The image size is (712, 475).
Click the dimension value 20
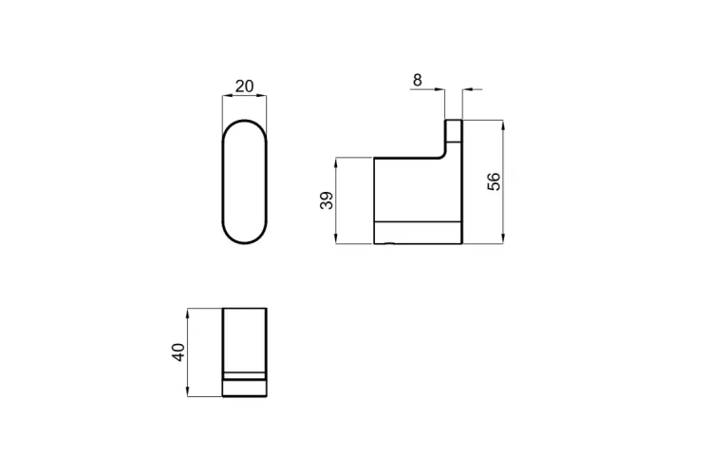[x=244, y=86]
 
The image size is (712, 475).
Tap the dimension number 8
[x=417, y=80]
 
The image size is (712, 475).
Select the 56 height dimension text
[x=494, y=182]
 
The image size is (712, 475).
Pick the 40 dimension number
[x=178, y=352]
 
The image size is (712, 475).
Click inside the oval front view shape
[x=245, y=182]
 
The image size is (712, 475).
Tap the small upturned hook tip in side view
[x=455, y=129]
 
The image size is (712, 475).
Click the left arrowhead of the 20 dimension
[x=225, y=96]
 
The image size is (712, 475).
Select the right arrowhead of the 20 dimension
[x=264, y=96]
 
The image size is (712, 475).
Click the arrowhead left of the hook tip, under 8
[x=441, y=90]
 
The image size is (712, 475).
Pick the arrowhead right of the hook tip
[x=466, y=90]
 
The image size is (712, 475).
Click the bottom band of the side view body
[x=418, y=233]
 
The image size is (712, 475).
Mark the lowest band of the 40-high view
[x=245, y=389]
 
